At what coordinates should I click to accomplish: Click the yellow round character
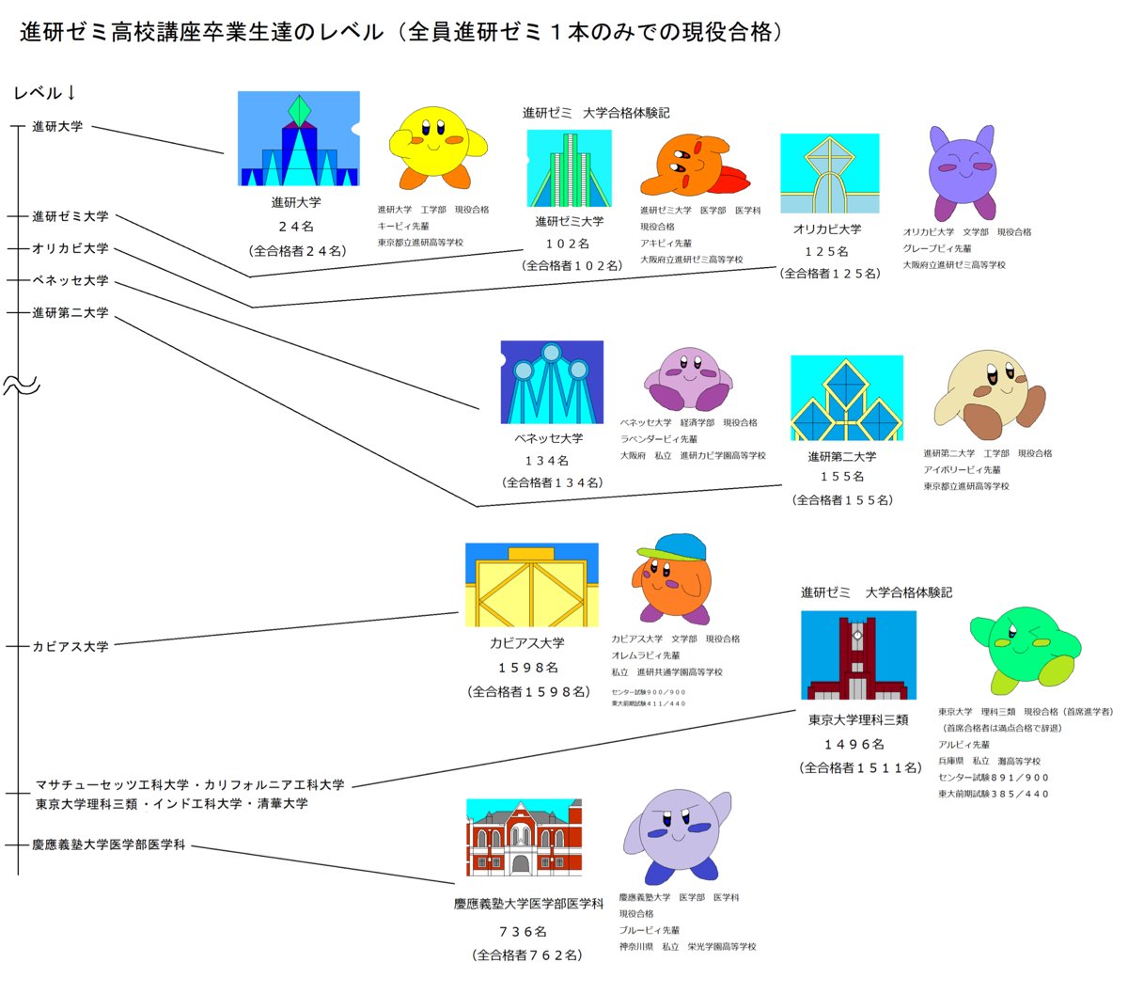click(x=435, y=146)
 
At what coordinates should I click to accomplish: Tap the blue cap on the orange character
click(x=671, y=546)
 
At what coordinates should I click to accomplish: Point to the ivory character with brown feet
click(x=988, y=393)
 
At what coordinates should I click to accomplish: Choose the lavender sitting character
click(x=687, y=377)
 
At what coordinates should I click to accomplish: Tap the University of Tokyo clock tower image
click(x=857, y=655)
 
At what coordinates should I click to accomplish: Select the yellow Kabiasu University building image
click(x=531, y=585)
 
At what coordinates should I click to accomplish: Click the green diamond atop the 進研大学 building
click(x=299, y=111)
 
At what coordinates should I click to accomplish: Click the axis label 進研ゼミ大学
click(x=70, y=216)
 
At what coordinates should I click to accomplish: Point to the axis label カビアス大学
click(x=70, y=647)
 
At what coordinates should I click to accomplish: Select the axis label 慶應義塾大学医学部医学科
click(x=109, y=845)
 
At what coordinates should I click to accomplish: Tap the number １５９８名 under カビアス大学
click(x=528, y=668)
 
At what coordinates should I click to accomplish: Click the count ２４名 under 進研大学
click(x=296, y=227)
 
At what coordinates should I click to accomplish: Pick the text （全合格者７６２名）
click(x=527, y=955)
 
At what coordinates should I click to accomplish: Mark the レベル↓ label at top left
click(x=44, y=93)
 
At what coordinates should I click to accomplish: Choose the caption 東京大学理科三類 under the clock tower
click(x=858, y=720)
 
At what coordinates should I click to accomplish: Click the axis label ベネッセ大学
click(x=70, y=280)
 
